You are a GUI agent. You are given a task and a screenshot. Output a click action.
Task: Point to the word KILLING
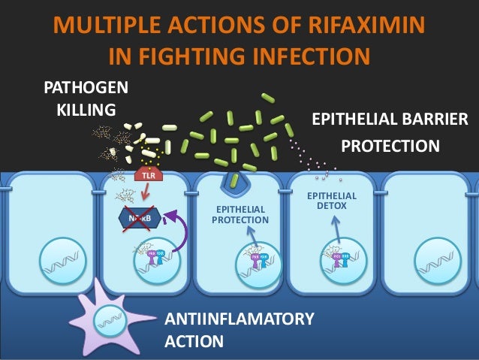click(86, 110)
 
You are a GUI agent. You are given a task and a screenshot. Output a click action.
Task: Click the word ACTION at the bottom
click(193, 342)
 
